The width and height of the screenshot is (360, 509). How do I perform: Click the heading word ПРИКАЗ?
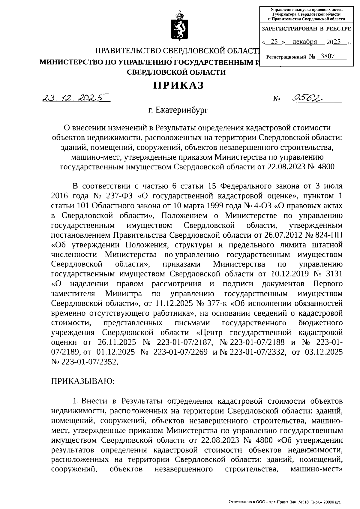pos(179,86)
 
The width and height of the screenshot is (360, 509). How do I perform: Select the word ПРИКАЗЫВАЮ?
pos(83,381)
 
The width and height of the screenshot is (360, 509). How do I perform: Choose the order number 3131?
pos(332,274)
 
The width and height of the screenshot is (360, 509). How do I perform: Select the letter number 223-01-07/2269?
pos(180,352)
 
